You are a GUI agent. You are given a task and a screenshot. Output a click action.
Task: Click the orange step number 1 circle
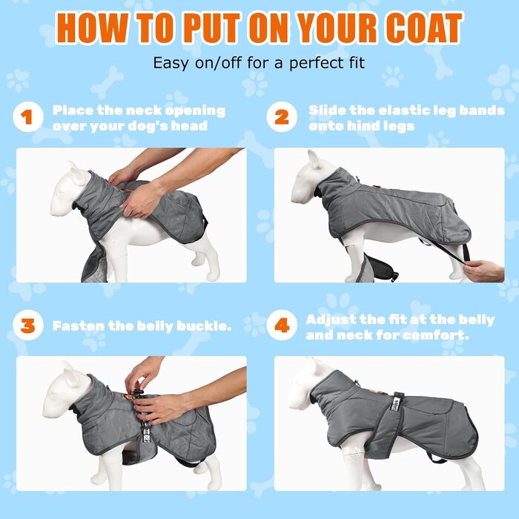tap(28, 117)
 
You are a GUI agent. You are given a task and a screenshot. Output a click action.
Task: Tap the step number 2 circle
tap(282, 117)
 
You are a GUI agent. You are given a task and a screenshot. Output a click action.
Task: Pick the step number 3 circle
tap(28, 325)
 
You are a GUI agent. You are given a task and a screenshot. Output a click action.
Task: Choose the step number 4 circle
tap(282, 325)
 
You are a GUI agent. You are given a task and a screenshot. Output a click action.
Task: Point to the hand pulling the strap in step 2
tap(483, 271)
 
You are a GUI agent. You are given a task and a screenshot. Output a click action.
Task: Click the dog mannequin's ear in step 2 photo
tap(313, 159)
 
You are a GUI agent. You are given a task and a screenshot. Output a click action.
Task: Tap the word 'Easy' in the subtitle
tap(171, 63)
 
